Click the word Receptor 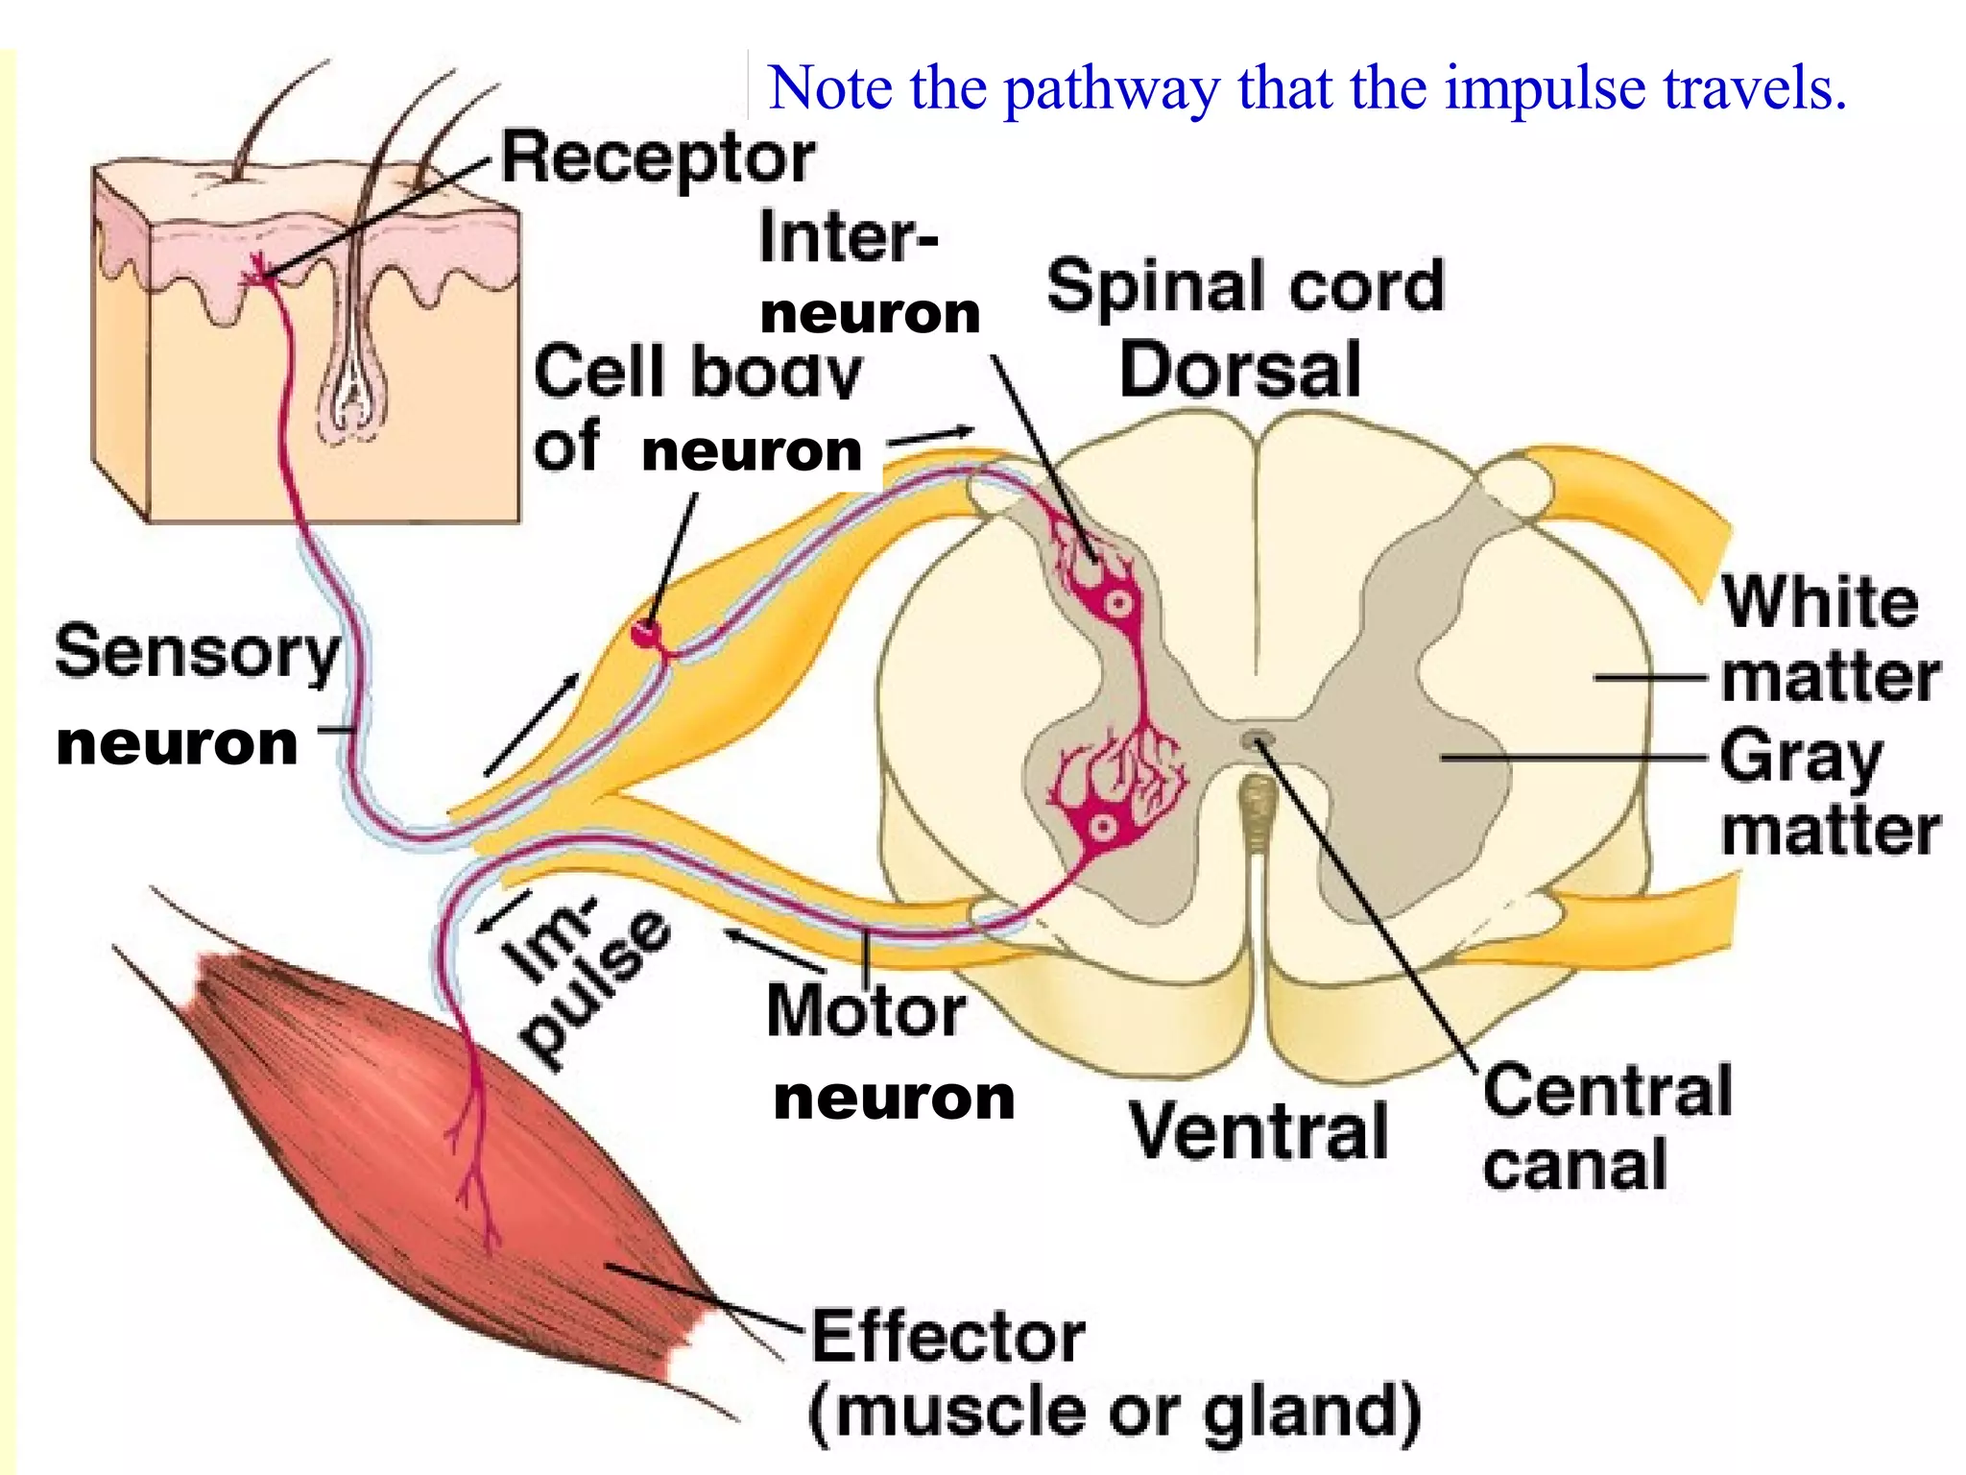(659, 158)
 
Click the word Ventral (1259, 1130)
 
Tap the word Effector (948, 1337)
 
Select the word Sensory (198, 653)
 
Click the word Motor (866, 1011)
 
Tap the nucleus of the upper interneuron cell (1119, 604)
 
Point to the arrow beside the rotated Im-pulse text (504, 911)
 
